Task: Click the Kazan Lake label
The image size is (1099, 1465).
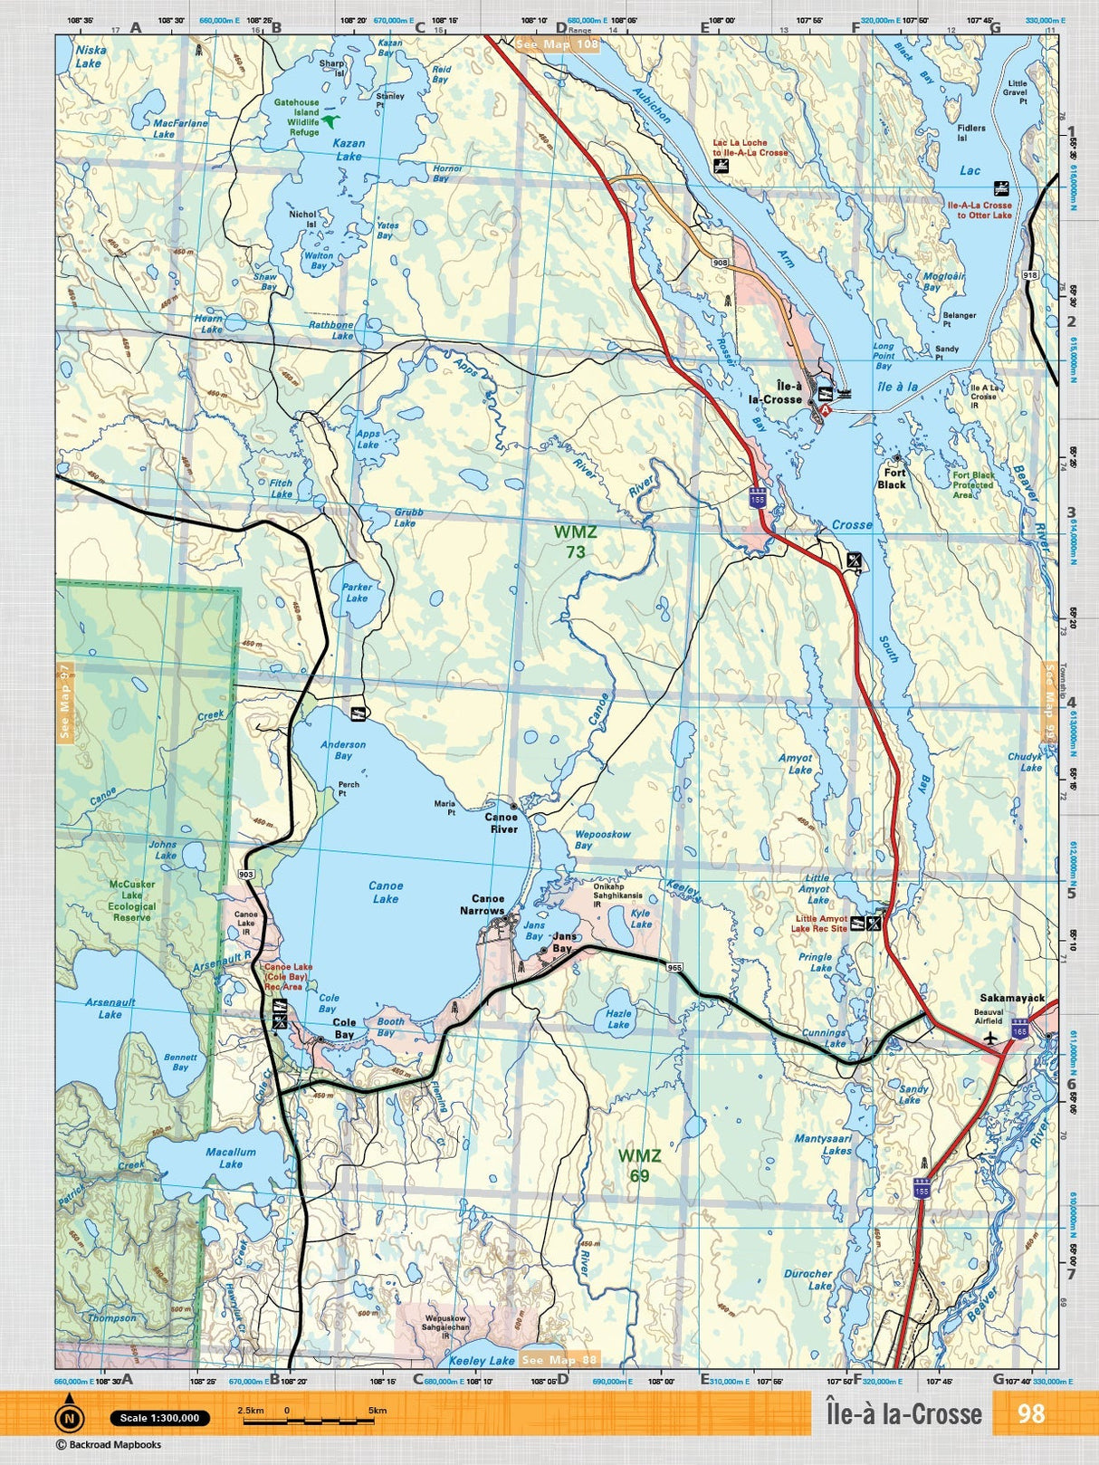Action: pyautogui.click(x=349, y=149)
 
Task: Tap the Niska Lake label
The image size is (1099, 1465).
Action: pyautogui.click(x=90, y=57)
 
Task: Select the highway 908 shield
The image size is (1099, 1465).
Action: pyautogui.click(x=721, y=263)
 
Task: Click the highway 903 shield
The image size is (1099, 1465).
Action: pyautogui.click(x=246, y=875)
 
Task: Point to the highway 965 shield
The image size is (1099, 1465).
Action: pyautogui.click(x=674, y=968)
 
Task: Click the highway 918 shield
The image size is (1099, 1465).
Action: pyautogui.click(x=1030, y=274)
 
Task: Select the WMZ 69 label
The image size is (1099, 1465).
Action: pyautogui.click(x=639, y=1165)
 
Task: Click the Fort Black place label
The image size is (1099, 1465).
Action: pyautogui.click(x=892, y=478)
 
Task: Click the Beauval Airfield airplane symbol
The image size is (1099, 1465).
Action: pyautogui.click(x=992, y=1036)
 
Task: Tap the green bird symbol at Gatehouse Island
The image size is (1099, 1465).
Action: pyautogui.click(x=334, y=120)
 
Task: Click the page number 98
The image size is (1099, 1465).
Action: pyautogui.click(x=1031, y=1413)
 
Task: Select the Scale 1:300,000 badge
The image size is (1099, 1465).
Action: pyautogui.click(x=159, y=1418)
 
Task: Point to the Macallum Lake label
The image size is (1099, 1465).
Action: pyautogui.click(x=230, y=1158)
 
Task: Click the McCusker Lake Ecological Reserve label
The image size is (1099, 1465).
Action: pyautogui.click(x=132, y=900)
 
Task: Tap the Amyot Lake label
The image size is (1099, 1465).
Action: pyautogui.click(x=796, y=763)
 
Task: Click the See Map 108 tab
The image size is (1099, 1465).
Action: pyautogui.click(x=557, y=44)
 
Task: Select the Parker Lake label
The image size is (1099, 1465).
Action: pyautogui.click(x=357, y=592)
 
